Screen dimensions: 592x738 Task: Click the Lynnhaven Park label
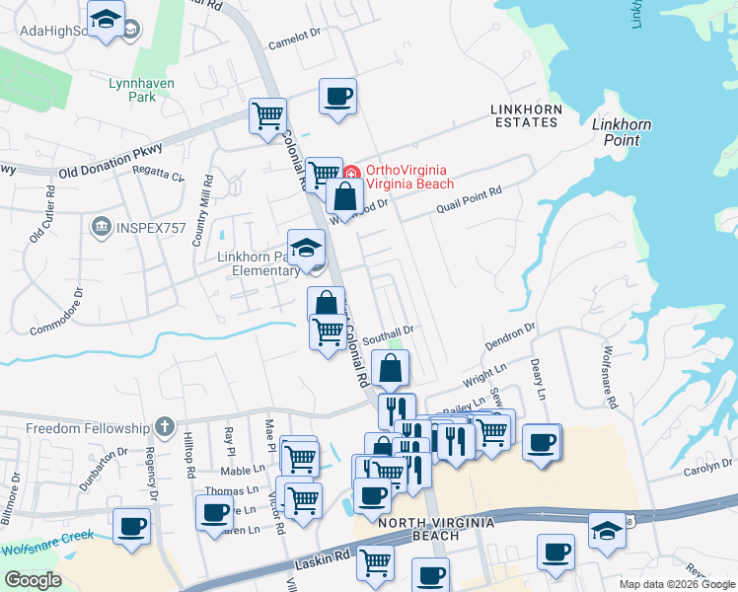(x=141, y=91)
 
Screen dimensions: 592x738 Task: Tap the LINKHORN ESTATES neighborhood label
(x=526, y=114)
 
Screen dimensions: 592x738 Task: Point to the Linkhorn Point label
(x=621, y=132)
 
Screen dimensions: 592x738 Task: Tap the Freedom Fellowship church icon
(x=164, y=428)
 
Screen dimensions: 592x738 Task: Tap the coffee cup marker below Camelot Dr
(x=338, y=97)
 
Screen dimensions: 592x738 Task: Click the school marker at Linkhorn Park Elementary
(x=306, y=249)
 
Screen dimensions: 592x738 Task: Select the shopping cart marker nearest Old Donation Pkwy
(x=267, y=116)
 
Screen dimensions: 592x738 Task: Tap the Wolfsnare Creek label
(x=47, y=542)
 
